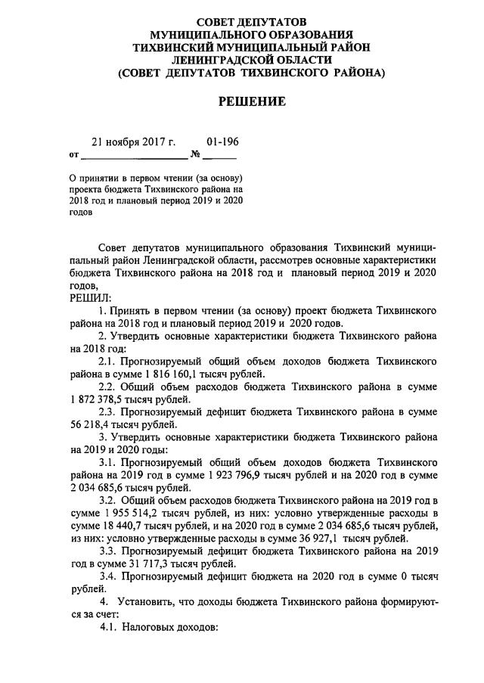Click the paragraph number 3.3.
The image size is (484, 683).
[110, 551]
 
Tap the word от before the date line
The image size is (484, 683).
[73, 157]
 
